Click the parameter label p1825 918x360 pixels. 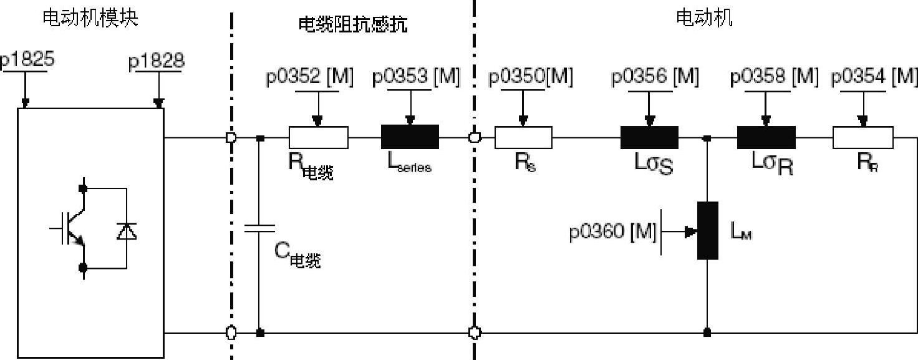click(x=26, y=61)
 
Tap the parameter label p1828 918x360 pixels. click(x=157, y=62)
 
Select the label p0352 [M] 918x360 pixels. click(x=309, y=77)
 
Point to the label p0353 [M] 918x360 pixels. click(x=415, y=77)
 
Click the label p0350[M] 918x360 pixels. click(x=531, y=77)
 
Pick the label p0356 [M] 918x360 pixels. click(x=655, y=77)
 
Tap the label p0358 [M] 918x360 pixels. click(x=774, y=77)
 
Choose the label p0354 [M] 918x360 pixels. click(x=874, y=77)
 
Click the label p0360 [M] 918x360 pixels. click(x=612, y=232)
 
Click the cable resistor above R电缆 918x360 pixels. click(x=318, y=137)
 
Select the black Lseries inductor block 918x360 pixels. click(x=410, y=137)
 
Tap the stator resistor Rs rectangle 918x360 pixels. click(x=523, y=137)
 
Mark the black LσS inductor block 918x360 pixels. click(x=649, y=137)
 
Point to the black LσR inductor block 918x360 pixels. click(x=766, y=137)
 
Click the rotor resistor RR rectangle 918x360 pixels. click(x=862, y=137)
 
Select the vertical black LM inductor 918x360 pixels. click(x=708, y=230)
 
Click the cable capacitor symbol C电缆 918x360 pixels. click(x=259, y=228)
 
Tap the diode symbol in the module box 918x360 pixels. click(x=127, y=231)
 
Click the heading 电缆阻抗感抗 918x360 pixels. click(x=352, y=25)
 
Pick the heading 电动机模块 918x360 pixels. click(x=90, y=18)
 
